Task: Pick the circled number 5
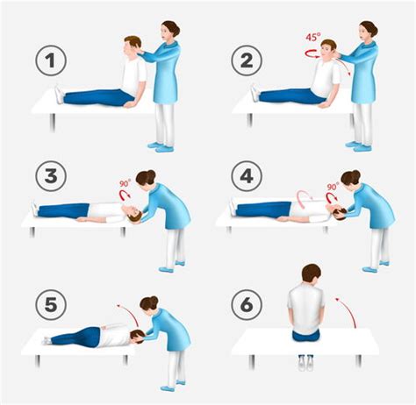[x=51, y=306]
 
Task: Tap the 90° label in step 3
[x=126, y=185]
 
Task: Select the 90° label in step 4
[x=333, y=187]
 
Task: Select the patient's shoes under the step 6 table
[x=305, y=360]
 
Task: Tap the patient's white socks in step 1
[x=59, y=92]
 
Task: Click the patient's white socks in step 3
[x=35, y=209]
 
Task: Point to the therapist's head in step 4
[x=351, y=180]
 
